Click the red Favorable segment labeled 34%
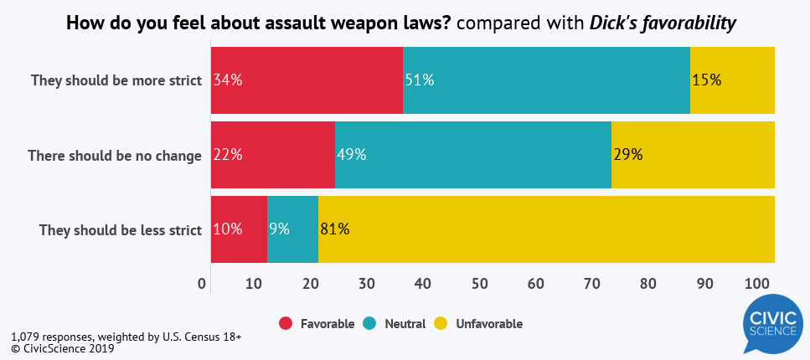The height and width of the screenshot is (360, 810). (x=307, y=80)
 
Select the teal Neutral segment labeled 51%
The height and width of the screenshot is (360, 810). (x=546, y=80)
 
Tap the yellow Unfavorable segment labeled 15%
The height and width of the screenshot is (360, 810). (x=732, y=80)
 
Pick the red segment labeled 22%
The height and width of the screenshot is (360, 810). (x=272, y=155)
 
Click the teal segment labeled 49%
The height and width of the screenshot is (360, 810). (x=472, y=155)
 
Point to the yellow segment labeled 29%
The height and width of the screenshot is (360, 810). (x=693, y=155)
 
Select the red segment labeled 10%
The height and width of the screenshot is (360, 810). (x=239, y=229)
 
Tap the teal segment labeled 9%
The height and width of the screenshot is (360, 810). (x=292, y=229)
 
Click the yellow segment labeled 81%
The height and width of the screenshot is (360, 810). (x=546, y=229)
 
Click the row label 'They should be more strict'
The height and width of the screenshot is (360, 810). (x=116, y=81)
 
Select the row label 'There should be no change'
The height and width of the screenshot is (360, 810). (x=115, y=156)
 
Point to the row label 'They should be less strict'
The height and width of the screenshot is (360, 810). (x=121, y=230)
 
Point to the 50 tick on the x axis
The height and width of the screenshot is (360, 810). (x=479, y=285)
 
